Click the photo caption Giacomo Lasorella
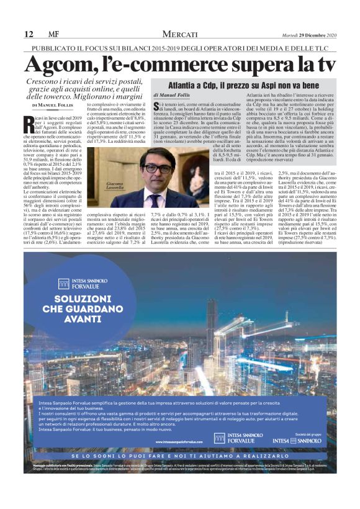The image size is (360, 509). point(118,186)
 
